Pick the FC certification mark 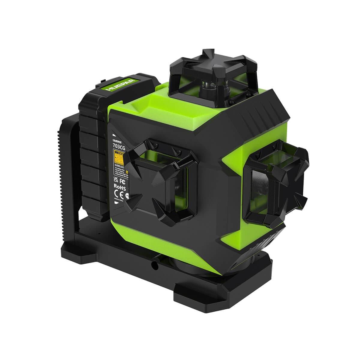122,181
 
